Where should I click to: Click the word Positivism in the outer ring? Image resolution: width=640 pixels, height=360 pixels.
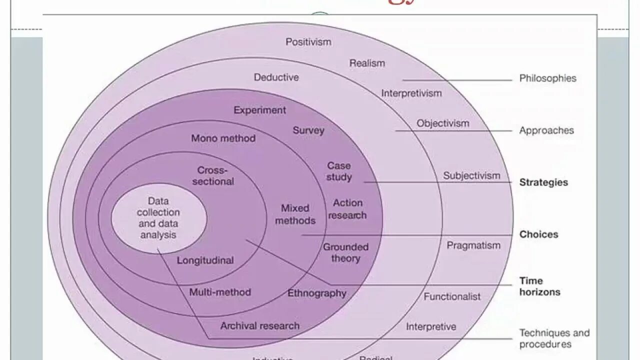click(x=308, y=42)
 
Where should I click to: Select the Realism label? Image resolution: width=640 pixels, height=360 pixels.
click(x=367, y=63)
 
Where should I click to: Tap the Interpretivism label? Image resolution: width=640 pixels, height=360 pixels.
click(x=411, y=93)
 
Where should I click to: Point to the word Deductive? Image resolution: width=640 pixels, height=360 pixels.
click(x=276, y=77)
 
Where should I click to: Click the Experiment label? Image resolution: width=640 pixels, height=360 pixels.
click(x=260, y=110)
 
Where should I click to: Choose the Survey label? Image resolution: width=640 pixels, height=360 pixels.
click(x=308, y=130)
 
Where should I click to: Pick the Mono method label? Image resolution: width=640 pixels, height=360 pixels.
click(x=223, y=138)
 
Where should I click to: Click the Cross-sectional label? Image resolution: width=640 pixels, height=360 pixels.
click(x=213, y=176)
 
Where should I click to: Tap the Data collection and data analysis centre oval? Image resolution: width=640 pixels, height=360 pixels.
click(x=158, y=217)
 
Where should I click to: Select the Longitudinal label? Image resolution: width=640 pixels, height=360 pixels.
click(x=205, y=260)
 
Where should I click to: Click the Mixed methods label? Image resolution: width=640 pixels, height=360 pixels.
click(x=295, y=214)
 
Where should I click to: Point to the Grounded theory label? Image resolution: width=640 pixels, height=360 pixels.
click(x=345, y=252)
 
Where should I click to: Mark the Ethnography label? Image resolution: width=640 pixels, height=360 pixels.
click(x=316, y=293)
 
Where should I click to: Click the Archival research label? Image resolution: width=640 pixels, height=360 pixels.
click(x=260, y=326)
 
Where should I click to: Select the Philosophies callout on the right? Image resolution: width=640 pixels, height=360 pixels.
click(x=547, y=78)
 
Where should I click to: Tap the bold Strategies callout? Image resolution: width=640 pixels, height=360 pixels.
click(x=543, y=182)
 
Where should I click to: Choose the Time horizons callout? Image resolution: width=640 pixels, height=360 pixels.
click(x=539, y=286)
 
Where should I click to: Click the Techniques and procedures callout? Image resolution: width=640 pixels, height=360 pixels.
click(x=554, y=338)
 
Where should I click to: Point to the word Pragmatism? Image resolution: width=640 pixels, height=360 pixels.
click(x=473, y=245)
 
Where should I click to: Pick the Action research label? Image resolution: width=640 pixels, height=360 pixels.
click(x=348, y=209)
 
